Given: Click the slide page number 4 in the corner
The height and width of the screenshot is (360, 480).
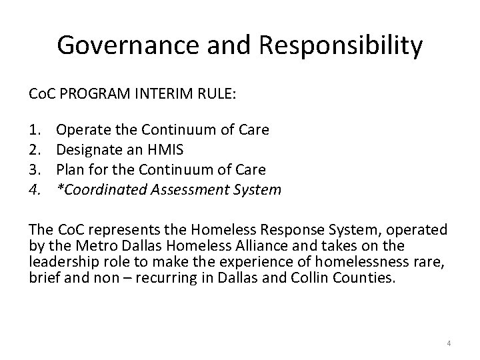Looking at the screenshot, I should tap(449, 343).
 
